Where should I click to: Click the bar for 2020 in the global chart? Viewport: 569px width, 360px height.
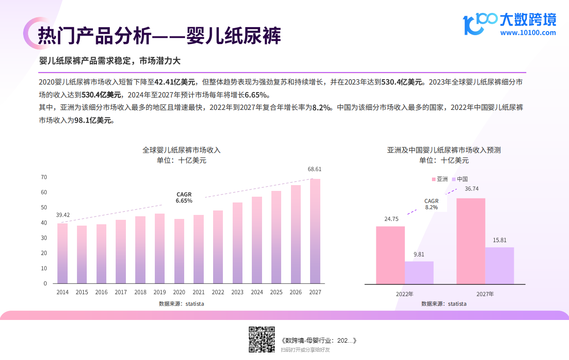179,251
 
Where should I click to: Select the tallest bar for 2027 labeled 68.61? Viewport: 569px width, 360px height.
315,231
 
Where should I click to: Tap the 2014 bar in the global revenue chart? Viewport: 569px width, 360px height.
63,254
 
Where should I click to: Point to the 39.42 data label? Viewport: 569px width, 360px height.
63,215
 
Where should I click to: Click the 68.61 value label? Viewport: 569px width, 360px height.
315,169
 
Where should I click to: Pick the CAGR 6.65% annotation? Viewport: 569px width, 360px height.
184,198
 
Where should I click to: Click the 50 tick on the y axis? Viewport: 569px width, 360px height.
44,208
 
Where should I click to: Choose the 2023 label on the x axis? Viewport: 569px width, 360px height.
237,292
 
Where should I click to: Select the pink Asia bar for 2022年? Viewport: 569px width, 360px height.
390,255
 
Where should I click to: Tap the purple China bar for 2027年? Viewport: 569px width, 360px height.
499,266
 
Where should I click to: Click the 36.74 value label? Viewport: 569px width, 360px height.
472,189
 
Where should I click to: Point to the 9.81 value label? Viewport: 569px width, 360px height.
419,255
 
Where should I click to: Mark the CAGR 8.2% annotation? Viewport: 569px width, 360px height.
432,204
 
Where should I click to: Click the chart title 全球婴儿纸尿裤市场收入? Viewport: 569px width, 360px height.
182,150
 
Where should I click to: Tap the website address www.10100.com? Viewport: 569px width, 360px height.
528,32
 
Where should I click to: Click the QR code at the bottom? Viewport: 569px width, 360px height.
261,340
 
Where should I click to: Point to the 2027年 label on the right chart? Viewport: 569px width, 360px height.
485,294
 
